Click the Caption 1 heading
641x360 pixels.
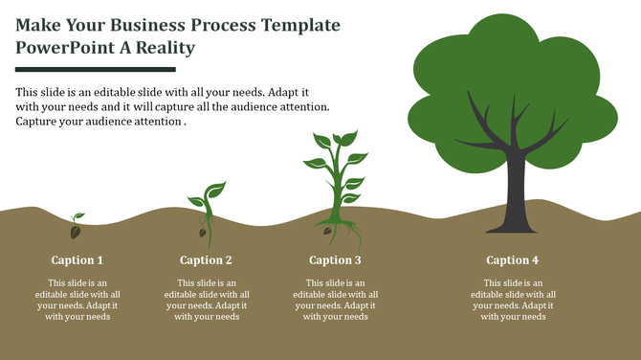point(77,260)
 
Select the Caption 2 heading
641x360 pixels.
point(206,260)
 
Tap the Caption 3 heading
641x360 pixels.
point(335,260)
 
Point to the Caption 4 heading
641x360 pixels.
point(512,260)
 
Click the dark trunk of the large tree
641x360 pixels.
point(514,196)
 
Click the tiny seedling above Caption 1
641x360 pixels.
point(76,227)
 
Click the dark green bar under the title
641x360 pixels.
point(96,69)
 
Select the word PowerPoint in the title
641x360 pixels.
point(69,47)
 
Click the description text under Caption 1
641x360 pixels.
point(77,300)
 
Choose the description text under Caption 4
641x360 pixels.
point(512,300)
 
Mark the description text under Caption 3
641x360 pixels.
point(335,300)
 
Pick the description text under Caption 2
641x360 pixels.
point(206,300)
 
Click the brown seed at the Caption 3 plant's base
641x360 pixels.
point(327,231)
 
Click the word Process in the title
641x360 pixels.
point(227,24)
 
